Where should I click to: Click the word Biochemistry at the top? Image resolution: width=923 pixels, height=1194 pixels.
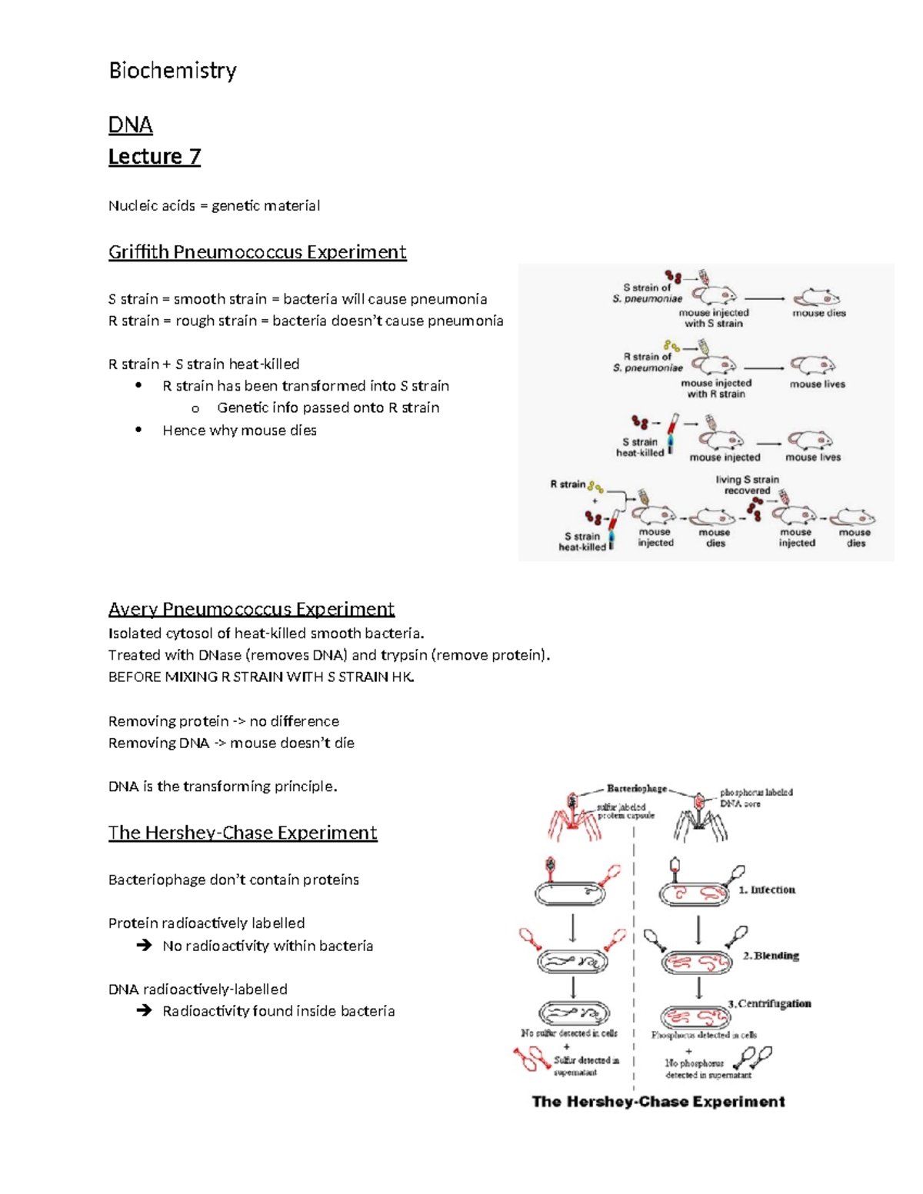click(172, 71)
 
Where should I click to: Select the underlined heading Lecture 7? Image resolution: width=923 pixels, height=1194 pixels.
click(154, 157)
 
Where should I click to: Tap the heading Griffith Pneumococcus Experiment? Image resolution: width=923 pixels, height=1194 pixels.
click(257, 252)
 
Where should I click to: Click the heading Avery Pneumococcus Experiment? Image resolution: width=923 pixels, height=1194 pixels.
click(251, 609)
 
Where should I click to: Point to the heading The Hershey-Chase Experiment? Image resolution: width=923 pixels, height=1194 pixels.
click(242, 833)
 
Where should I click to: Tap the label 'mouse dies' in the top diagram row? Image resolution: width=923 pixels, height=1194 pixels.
click(819, 313)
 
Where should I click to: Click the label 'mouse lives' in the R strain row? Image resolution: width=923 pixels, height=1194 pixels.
click(817, 384)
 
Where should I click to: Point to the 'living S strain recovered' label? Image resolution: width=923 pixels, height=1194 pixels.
click(747, 484)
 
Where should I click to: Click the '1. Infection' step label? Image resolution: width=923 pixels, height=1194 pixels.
click(767, 890)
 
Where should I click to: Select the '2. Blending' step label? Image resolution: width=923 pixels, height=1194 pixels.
click(771, 956)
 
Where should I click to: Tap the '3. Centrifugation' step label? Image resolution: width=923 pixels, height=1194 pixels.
click(769, 1003)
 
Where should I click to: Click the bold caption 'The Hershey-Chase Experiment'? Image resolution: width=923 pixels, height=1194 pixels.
click(658, 1102)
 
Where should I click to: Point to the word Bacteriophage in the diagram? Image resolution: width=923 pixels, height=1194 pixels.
click(636, 788)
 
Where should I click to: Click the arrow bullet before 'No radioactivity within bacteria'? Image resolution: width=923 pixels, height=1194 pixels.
click(144, 946)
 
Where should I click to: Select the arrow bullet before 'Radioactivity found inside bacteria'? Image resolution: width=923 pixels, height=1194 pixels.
click(144, 1011)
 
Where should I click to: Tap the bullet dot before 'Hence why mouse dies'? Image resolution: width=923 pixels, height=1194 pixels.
click(138, 430)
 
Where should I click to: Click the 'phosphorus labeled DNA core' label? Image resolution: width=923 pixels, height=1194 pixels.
click(755, 797)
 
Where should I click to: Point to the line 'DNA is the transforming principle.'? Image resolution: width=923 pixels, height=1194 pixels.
click(223, 787)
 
